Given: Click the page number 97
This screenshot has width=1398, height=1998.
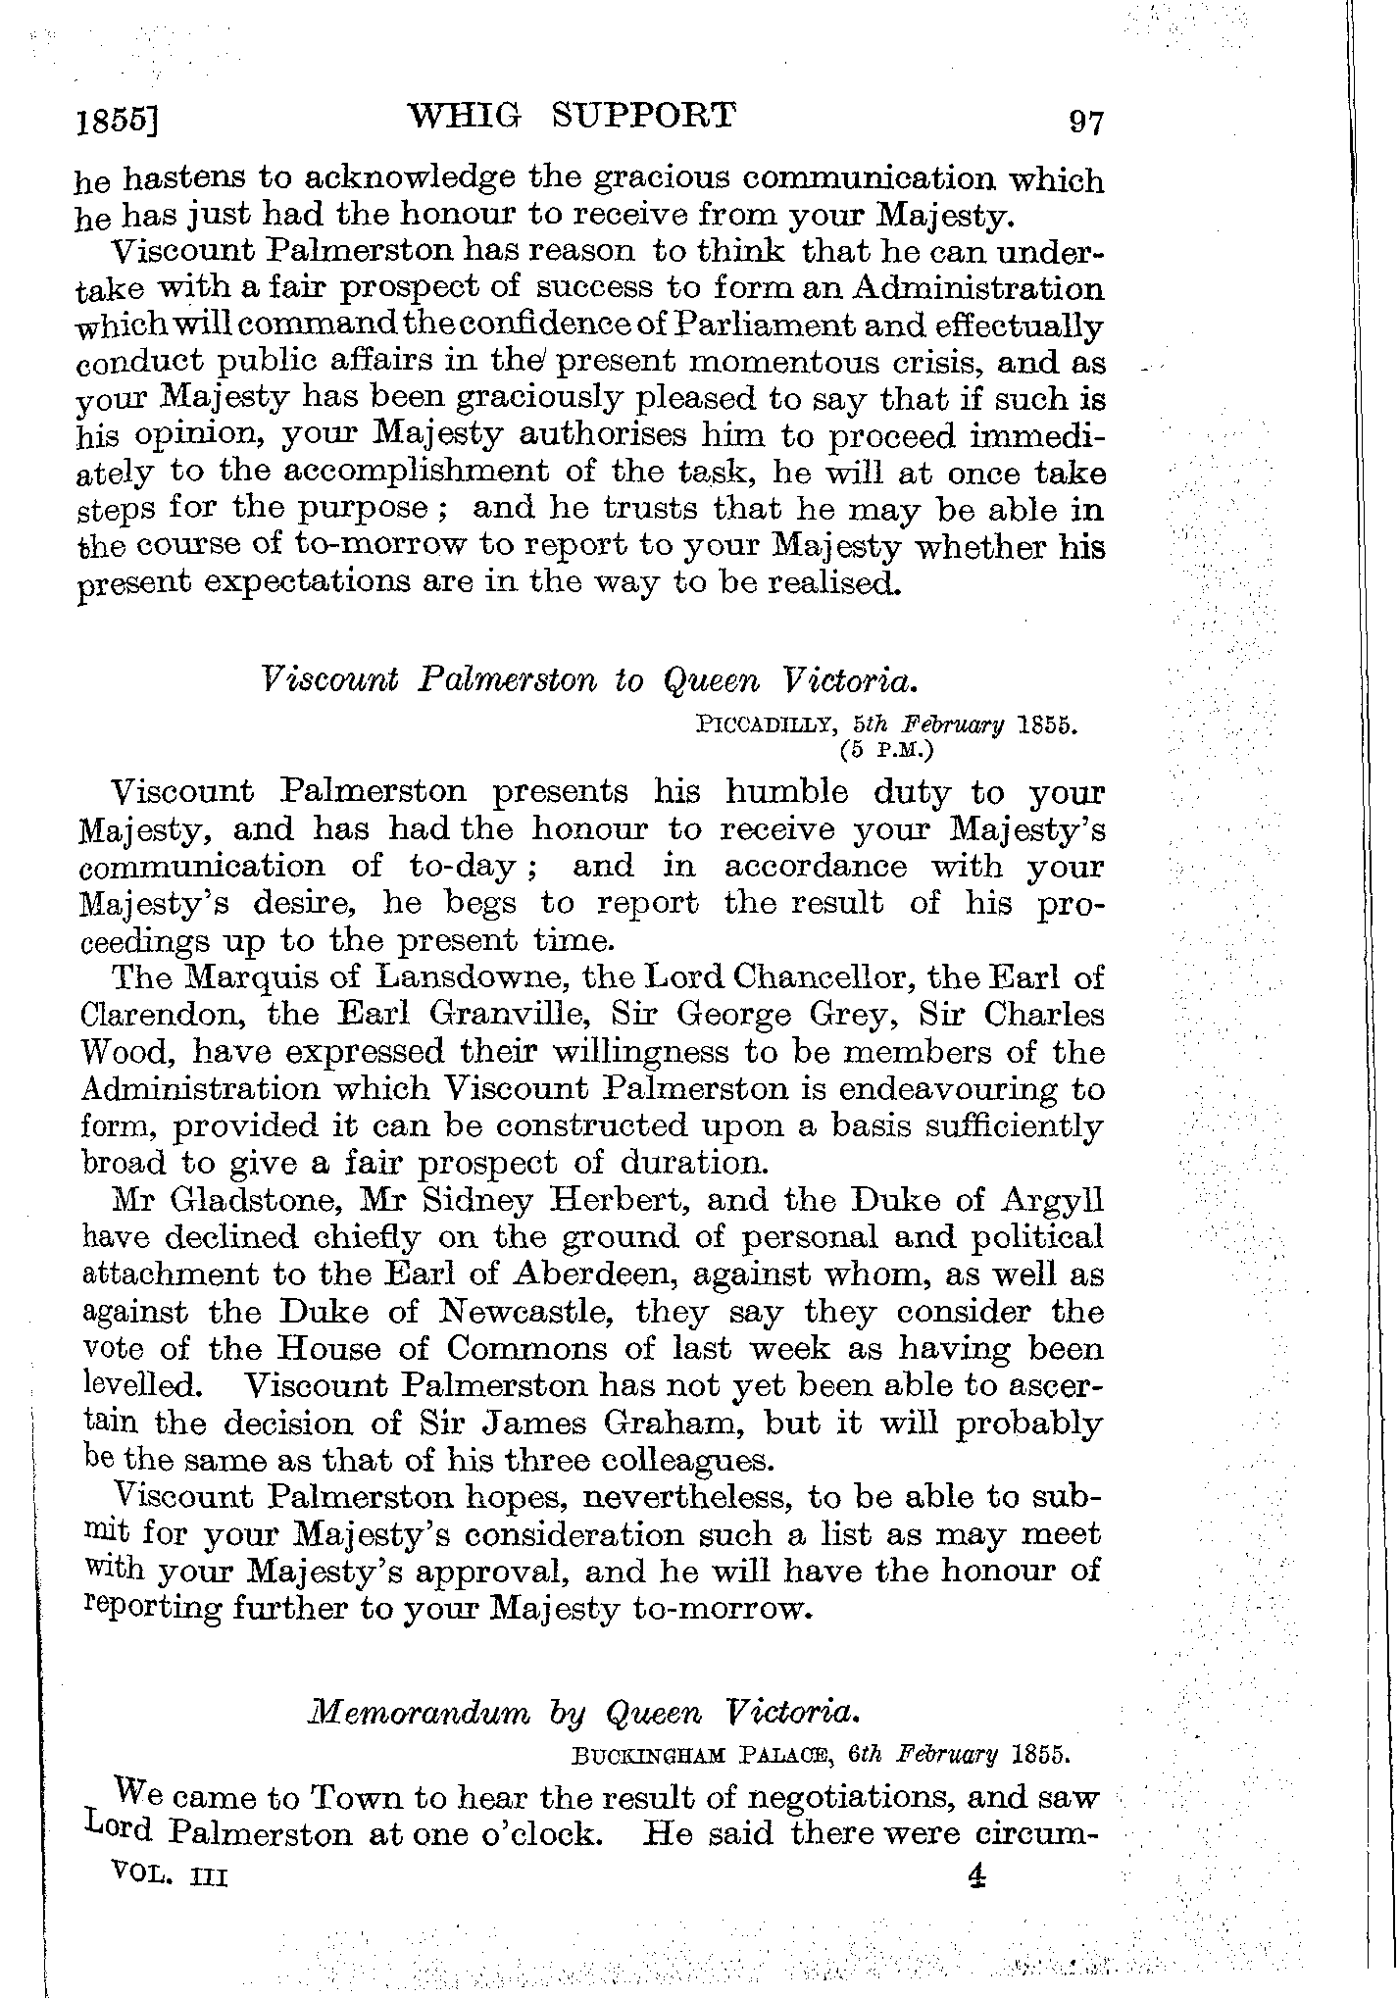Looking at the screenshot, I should click(x=1086, y=123).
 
